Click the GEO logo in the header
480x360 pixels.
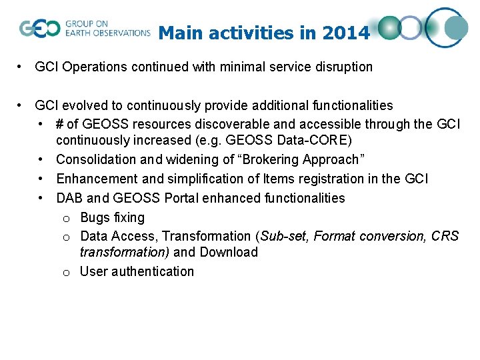[x=40, y=29]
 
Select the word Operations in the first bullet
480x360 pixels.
[x=94, y=67]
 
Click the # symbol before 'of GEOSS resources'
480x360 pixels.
[x=59, y=124]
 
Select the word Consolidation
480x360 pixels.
[x=97, y=159]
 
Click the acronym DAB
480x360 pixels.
[x=69, y=198]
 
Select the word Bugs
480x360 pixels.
[x=95, y=217]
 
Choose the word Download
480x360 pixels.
[x=229, y=252]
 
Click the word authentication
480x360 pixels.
[x=153, y=271]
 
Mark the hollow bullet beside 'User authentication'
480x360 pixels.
[x=66, y=273]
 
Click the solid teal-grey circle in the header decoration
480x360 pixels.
[x=456, y=28]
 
